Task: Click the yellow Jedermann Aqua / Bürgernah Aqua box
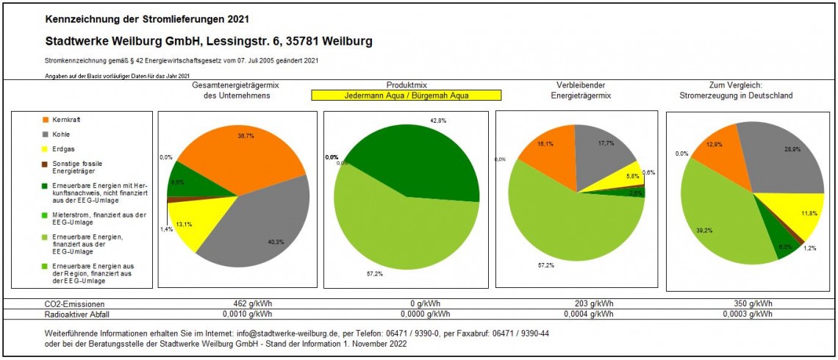406,96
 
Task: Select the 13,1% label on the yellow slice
184,225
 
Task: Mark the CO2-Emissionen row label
74,304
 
